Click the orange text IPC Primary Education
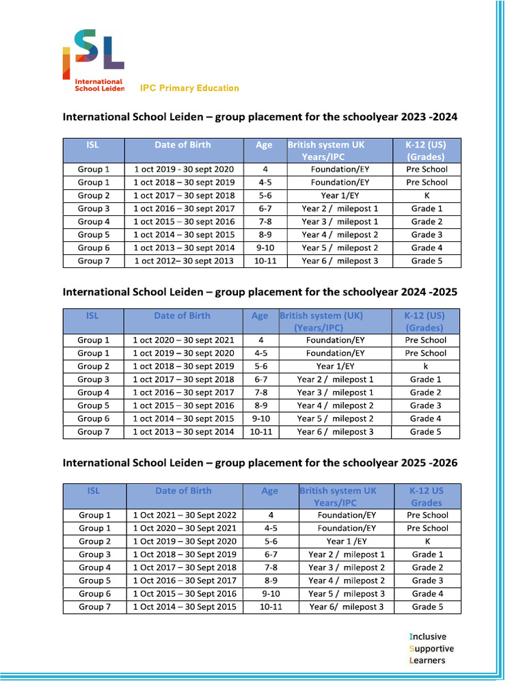(189, 88)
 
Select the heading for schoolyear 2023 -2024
(260, 117)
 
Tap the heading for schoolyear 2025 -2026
(260, 463)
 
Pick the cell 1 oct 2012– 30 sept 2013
(184, 260)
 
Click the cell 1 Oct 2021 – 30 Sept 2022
(185, 515)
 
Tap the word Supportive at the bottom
(431, 648)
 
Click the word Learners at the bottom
(427, 660)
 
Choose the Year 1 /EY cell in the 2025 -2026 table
(347, 541)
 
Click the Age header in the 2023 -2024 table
(264, 145)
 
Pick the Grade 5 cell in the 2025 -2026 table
(427, 606)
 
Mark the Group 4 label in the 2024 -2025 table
(94, 392)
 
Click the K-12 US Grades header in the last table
(427, 496)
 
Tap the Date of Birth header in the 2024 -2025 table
(182, 316)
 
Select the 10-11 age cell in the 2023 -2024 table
(264, 260)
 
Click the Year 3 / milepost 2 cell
(347, 567)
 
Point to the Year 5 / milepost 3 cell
(347, 593)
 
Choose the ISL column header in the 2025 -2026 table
(94, 491)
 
